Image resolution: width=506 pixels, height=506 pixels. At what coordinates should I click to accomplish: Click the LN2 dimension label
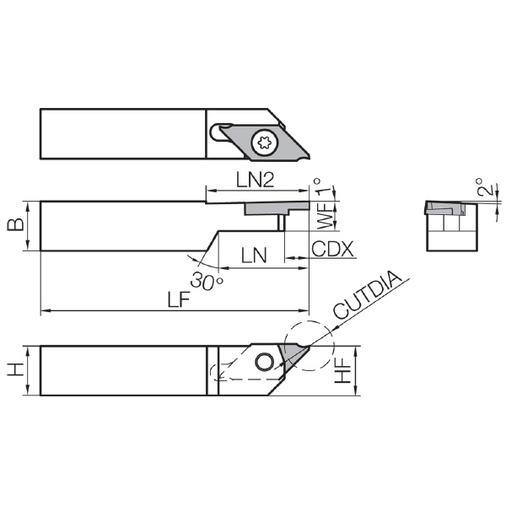pos(256,180)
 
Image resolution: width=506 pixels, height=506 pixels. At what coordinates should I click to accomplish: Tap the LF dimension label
pos(179,299)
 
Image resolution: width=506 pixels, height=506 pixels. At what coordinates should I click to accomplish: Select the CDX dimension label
pos(333,249)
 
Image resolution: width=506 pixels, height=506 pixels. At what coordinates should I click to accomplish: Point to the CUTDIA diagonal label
pos(367,294)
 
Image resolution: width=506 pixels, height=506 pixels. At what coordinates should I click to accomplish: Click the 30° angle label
pos(207,281)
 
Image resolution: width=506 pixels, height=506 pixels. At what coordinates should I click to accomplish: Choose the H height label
pos(15,370)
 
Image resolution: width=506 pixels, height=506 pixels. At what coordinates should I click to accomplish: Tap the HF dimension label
pos(342,371)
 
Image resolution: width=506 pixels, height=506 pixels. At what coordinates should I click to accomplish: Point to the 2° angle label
pos(484,187)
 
